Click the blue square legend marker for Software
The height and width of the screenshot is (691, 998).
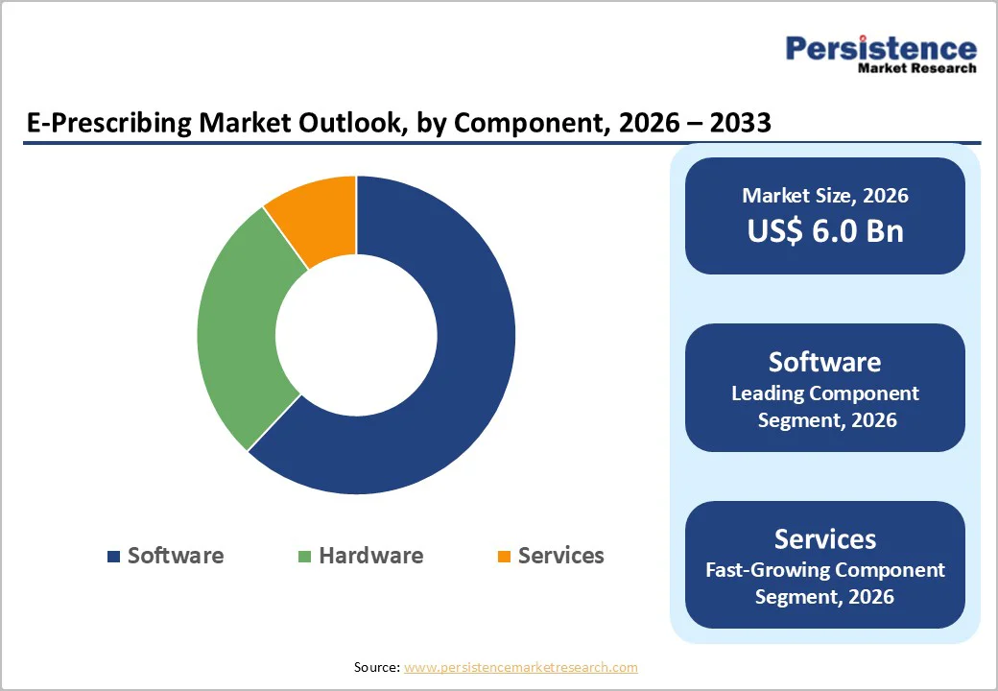tap(114, 557)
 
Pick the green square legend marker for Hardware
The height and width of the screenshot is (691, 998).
tap(305, 557)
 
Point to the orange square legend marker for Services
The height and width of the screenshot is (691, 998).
tap(504, 557)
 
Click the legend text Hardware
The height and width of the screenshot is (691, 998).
tap(370, 556)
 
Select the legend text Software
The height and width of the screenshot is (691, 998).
tap(176, 556)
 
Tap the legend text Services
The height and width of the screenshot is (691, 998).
tap(560, 556)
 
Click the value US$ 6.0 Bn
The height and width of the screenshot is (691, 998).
tap(824, 230)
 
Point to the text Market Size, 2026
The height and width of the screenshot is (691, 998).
tap(824, 196)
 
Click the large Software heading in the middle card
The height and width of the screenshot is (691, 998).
tap(824, 362)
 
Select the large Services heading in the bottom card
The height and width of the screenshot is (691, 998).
tap(824, 538)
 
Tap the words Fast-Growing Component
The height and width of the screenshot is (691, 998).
tap(824, 570)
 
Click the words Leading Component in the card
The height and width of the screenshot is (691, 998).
tap(824, 393)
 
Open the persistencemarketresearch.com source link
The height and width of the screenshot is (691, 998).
tap(520, 667)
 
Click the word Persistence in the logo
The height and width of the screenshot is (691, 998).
tap(881, 48)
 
